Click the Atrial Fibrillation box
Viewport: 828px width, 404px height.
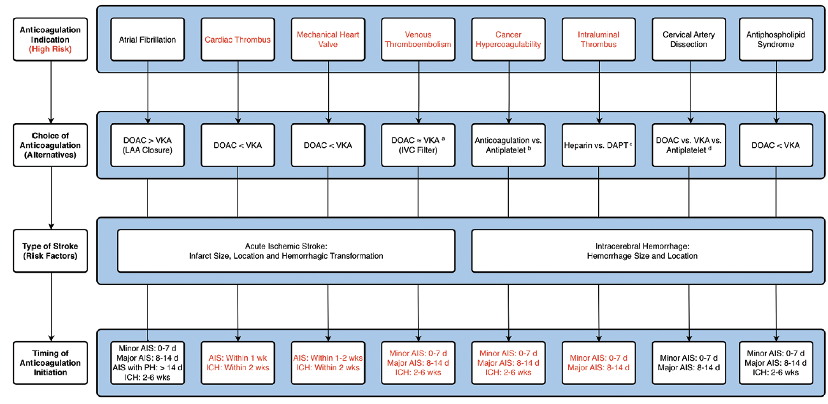[148, 40]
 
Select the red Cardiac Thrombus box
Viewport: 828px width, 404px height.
[238, 40]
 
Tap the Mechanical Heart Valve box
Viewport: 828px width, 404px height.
[328, 40]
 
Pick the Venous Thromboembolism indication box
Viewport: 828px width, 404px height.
[418, 40]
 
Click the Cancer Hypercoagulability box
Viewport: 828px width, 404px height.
[508, 40]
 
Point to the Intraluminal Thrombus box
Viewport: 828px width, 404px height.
[598, 40]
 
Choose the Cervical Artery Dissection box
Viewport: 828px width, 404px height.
[689, 40]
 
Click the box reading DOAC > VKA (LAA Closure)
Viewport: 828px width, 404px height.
[148, 145]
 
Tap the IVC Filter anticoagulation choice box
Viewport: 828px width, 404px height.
[418, 145]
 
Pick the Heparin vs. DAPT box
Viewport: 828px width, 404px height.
[598, 145]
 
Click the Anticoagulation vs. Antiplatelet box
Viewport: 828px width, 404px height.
[508, 145]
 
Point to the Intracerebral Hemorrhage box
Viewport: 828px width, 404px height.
[642, 250]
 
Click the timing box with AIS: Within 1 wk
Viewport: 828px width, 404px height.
[238, 363]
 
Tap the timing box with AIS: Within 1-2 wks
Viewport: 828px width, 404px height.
[328, 363]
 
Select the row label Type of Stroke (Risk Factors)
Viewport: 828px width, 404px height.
[52, 251]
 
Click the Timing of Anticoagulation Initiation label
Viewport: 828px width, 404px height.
[52, 363]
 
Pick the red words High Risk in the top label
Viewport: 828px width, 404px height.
[52, 49]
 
